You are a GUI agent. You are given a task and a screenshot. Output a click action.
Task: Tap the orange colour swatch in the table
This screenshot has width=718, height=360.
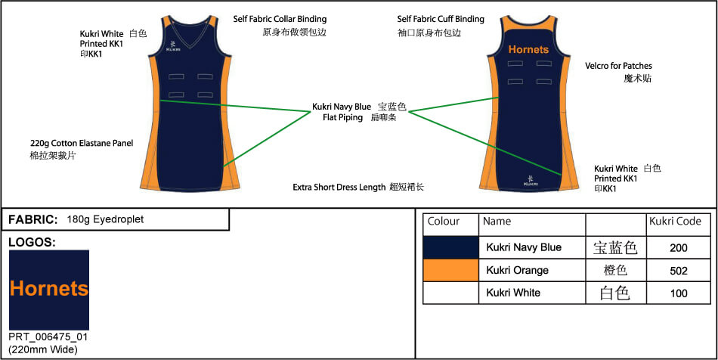pos(451,270)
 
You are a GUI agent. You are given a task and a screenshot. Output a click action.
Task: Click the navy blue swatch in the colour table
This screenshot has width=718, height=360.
pos(451,247)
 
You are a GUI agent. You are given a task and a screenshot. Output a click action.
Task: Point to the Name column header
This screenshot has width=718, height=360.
pos(497,222)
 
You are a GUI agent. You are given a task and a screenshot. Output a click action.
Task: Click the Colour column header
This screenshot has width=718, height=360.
pos(444,222)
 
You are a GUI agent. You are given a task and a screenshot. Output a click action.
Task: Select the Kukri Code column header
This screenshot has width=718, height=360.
pos(675,222)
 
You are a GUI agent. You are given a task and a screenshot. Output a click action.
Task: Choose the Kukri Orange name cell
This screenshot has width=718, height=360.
pos(518,270)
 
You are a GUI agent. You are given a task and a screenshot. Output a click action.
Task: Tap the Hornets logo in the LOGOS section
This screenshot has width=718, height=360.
pos(49,289)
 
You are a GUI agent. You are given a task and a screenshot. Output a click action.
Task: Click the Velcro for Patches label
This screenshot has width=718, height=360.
pos(618,66)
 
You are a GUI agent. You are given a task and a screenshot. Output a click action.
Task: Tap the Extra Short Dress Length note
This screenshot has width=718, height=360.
pos(339,187)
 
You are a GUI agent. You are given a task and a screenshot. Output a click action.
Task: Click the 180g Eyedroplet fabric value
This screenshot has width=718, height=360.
pos(105,219)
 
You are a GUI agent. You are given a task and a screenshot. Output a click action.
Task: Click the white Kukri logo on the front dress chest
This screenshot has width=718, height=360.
pos(174,45)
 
